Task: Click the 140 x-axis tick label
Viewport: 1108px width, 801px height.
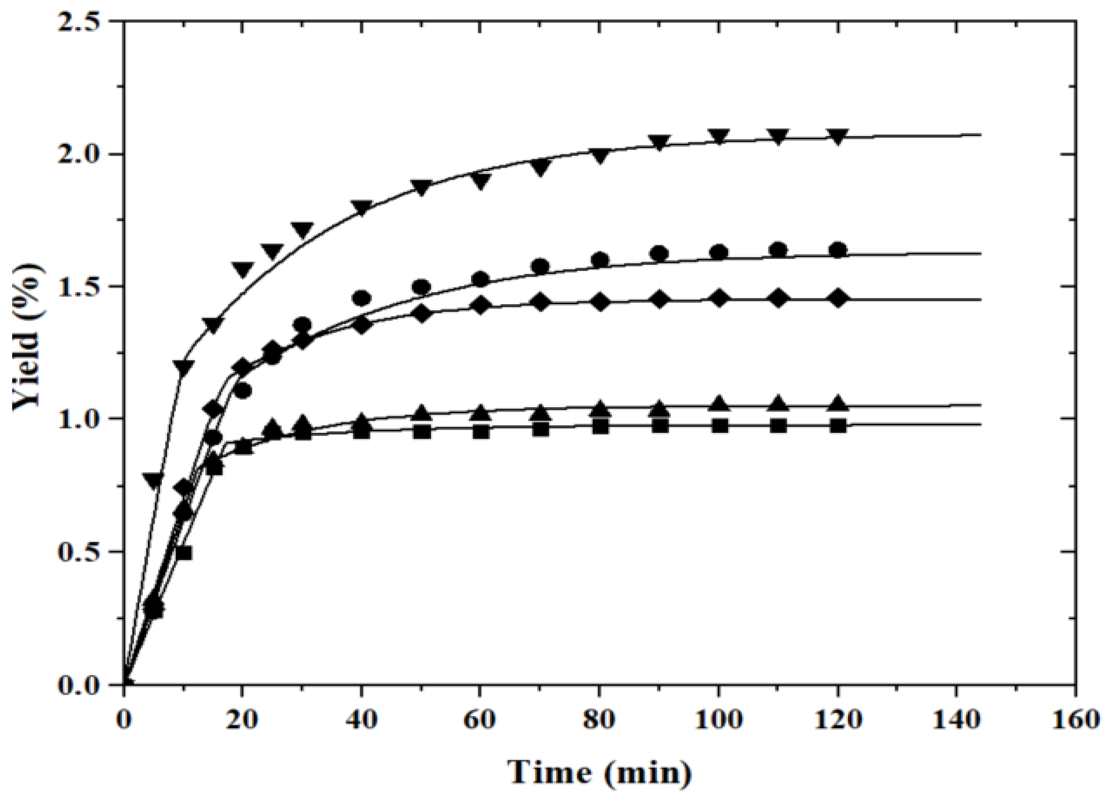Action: tap(956, 720)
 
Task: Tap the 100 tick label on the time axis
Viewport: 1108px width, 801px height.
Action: tap(718, 720)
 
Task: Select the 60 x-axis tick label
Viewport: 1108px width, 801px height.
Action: tap(480, 720)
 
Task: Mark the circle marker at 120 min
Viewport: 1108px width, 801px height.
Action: tap(838, 250)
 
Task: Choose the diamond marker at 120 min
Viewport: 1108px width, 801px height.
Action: tap(838, 298)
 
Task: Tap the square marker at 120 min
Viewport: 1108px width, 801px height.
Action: tap(838, 425)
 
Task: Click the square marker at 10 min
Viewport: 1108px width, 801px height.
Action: tap(184, 553)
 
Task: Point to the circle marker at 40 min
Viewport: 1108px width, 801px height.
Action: tap(362, 298)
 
